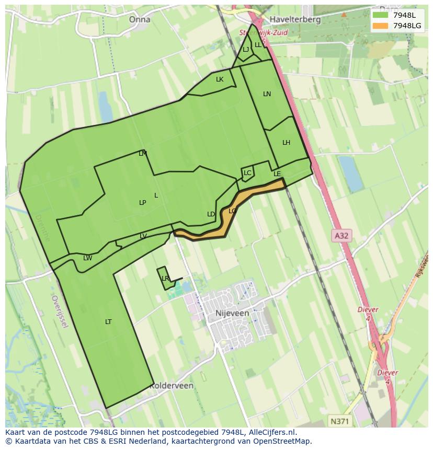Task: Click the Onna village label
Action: (x=139, y=19)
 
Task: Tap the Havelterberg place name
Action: (x=295, y=19)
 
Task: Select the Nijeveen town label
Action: (x=232, y=313)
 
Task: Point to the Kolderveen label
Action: (x=172, y=386)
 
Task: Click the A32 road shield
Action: (x=341, y=236)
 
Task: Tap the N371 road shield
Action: (x=341, y=421)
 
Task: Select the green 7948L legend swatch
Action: (x=380, y=15)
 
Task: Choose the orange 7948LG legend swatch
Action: (x=380, y=26)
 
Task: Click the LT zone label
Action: (x=108, y=321)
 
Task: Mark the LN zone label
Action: (x=267, y=94)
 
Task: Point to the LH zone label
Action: (x=286, y=143)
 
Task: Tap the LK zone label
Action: (x=220, y=79)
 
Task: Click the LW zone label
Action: (x=88, y=258)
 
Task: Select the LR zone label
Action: (x=165, y=279)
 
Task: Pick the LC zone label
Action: (x=247, y=173)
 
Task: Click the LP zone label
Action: (x=142, y=202)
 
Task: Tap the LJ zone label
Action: (x=246, y=50)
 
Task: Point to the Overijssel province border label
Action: (x=60, y=312)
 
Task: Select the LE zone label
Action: (x=277, y=174)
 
